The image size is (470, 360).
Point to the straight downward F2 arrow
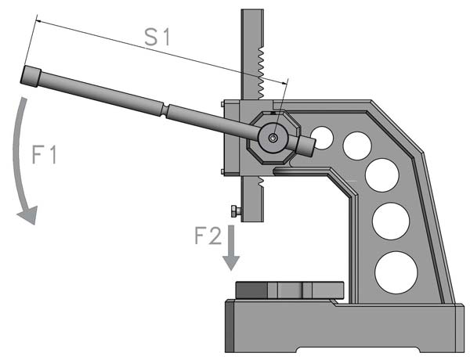[230, 252]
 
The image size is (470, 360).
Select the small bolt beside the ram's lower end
[233, 211]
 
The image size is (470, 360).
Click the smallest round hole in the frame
[323, 139]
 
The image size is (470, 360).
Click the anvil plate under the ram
[290, 289]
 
